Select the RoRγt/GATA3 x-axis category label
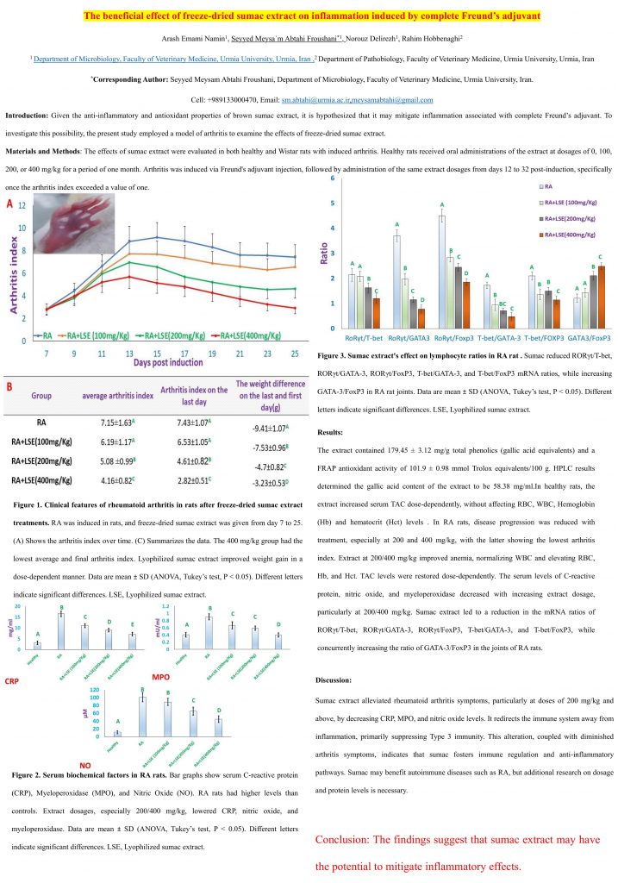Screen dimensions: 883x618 (410, 341)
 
